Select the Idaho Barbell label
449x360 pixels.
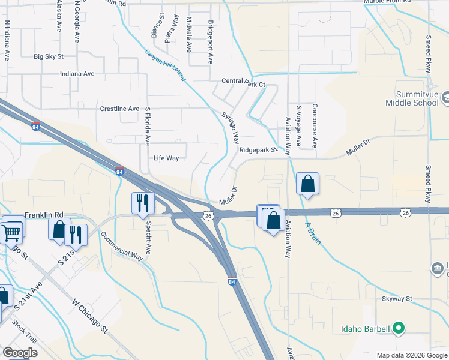[366, 328]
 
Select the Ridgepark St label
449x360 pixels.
[256, 149]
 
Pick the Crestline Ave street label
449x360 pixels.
[119, 109]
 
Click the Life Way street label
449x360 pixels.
[166, 158]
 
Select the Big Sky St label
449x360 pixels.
[49, 56]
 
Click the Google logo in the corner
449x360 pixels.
[20, 353]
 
